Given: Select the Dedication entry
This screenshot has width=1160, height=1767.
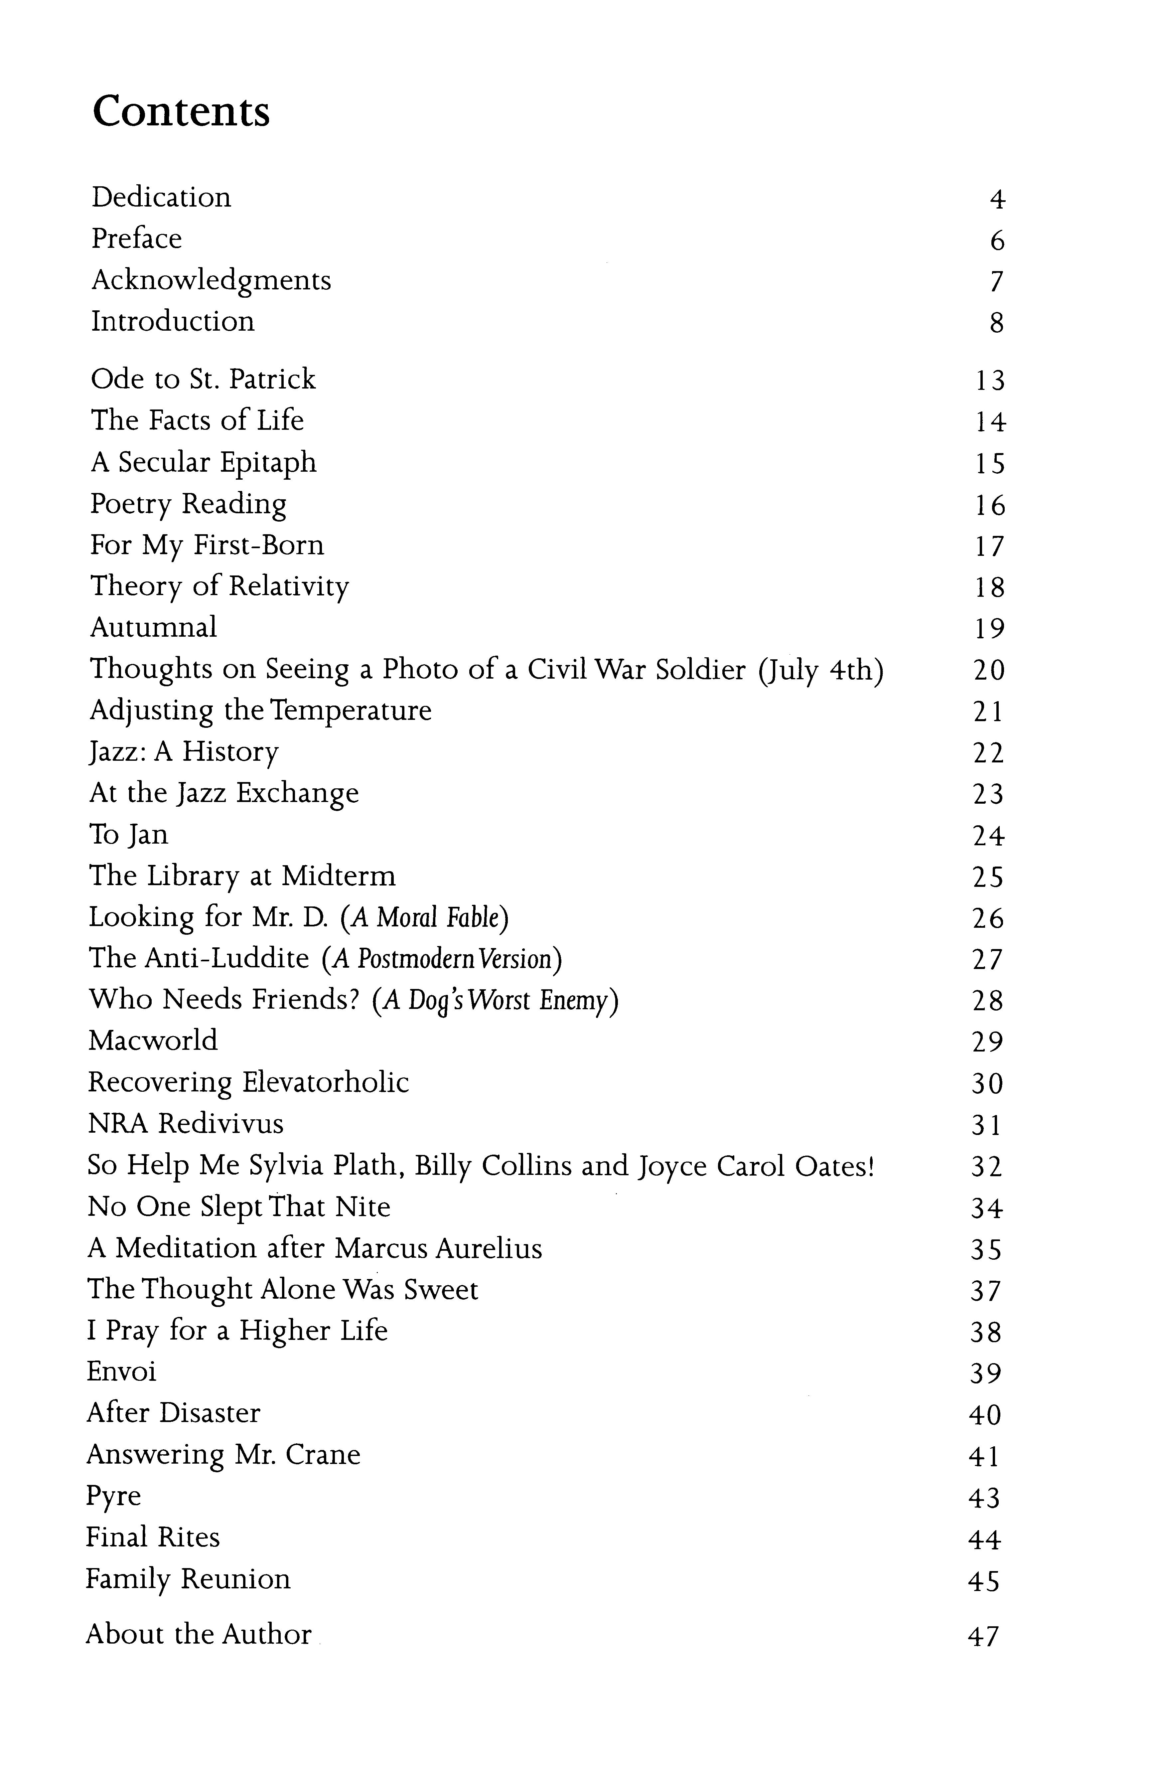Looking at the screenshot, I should [x=161, y=198].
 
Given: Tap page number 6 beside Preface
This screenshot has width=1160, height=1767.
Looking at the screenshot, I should [x=997, y=241].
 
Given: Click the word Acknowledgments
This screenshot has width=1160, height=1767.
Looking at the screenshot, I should [x=211, y=281].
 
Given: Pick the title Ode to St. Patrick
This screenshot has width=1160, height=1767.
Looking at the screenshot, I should [x=203, y=380].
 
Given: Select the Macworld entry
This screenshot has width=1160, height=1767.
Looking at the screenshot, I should [x=153, y=1041].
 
